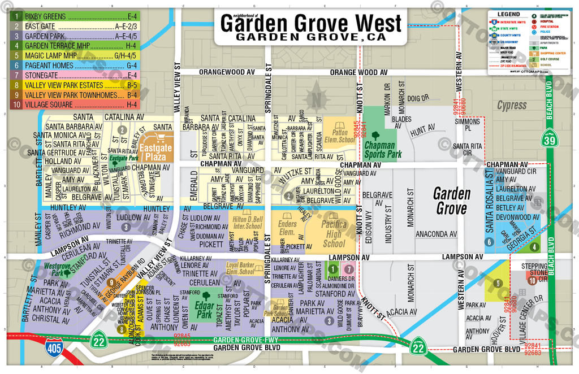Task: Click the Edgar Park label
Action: coord(203,306)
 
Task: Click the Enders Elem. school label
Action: coord(288,228)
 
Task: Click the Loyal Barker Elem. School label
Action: coord(240,268)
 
